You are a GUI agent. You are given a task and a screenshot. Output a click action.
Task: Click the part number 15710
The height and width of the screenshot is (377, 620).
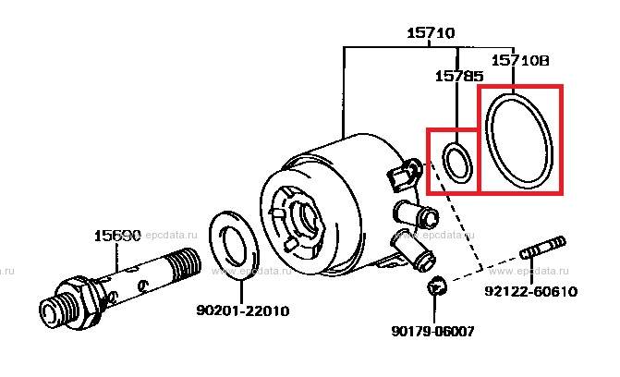(430, 33)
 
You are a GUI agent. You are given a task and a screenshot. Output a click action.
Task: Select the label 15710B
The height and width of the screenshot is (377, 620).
(519, 60)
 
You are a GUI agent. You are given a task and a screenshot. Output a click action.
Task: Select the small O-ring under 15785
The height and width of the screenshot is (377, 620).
(457, 161)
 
